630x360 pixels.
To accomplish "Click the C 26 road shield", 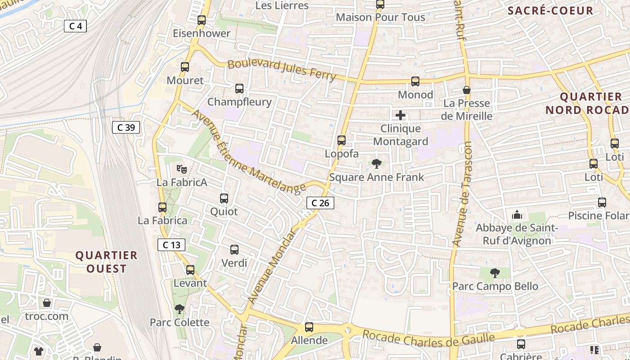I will click(320, 203).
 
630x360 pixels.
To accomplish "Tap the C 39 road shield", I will click(126, 127).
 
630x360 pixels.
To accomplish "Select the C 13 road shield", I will click(171, 245).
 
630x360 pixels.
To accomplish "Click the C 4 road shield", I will click(75, 26).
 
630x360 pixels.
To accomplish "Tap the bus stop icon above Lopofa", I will click(342, 140).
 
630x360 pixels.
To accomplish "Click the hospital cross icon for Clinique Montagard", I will click(400, 115).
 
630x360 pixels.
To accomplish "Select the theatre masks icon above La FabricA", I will click(182, 169).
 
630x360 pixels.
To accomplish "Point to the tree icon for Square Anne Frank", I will click(377, 164).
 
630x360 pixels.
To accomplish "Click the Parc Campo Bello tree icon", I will click(495, 273).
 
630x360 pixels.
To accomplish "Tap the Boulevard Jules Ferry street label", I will click(282, 70).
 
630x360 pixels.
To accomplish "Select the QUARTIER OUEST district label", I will click(106, 262).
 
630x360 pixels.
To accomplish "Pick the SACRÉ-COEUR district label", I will click(550, 11).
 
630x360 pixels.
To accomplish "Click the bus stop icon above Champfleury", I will click(239, 89).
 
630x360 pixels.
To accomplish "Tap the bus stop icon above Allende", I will click(309, 327).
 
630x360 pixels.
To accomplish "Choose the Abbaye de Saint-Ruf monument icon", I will click(517, 215).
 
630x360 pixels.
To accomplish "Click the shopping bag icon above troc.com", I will click(47, 303).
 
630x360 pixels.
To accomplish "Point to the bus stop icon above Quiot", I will click(224, 198).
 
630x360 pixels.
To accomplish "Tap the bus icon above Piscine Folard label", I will click(602, 202).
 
